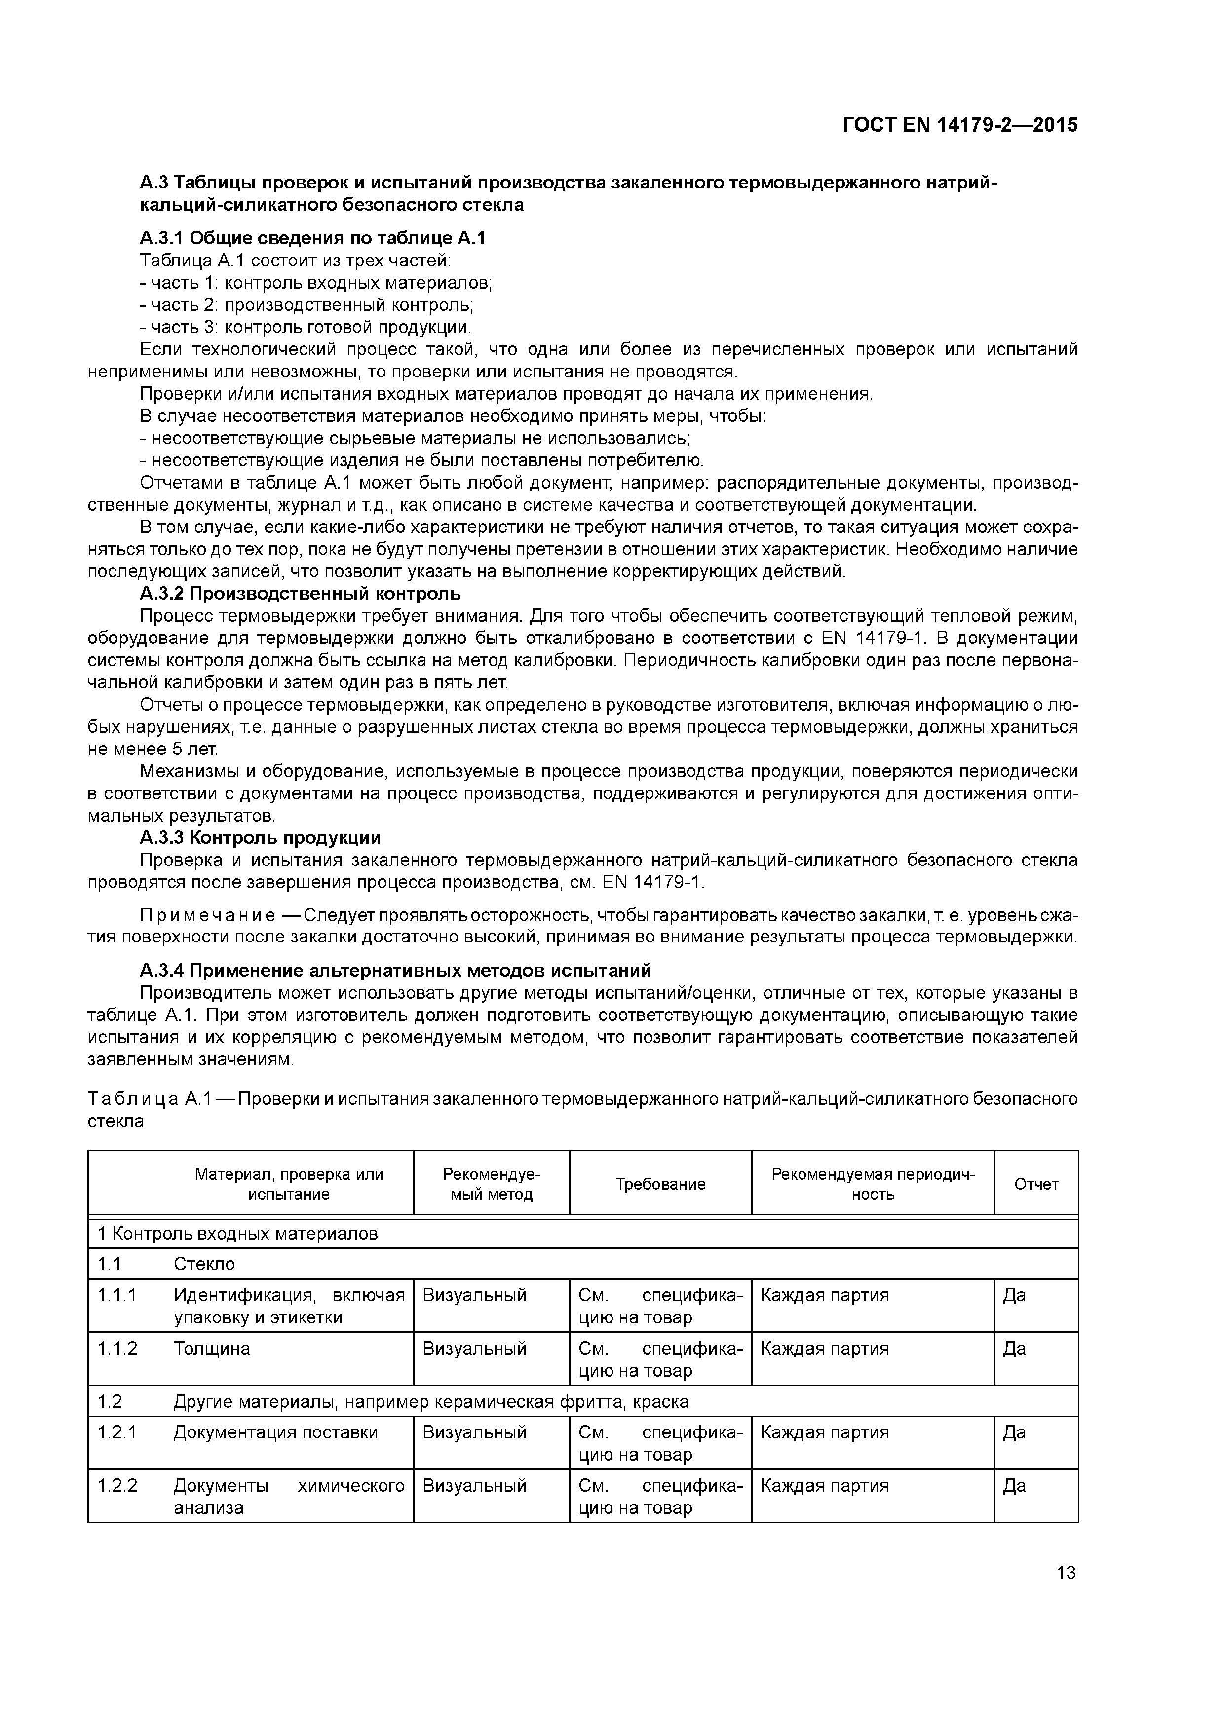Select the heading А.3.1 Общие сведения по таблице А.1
(312, 238)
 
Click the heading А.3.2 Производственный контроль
(300, 593)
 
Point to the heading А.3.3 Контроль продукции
(260, 837)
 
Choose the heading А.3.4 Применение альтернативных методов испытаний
(395, 970)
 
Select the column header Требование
(660, 1184)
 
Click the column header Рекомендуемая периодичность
(873, 1184)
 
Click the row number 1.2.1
(117, 1431)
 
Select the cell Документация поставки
(275, 1431)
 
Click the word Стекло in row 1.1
(204, 1264)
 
